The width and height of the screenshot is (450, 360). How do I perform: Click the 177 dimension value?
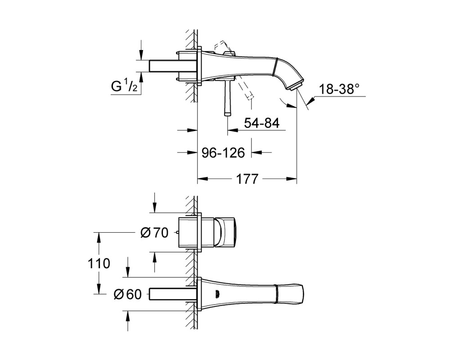point(247,179)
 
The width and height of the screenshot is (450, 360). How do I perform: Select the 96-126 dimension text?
point(223,153)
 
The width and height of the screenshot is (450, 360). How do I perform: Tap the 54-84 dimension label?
point(261,123)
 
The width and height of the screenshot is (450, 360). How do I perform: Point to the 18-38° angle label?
point(339,89)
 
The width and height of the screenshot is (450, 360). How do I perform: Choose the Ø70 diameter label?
point(154,233)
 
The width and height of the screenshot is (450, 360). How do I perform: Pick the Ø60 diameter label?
point(128,294)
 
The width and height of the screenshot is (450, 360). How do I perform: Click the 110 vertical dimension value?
point(99,263)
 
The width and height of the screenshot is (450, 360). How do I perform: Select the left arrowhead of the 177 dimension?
point(202,179)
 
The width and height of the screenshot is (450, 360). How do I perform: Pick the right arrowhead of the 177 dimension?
point(291,179)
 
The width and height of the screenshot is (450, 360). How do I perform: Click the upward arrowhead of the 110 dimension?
point(99,237)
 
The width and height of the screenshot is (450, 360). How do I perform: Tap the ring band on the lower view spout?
point(276,294)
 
